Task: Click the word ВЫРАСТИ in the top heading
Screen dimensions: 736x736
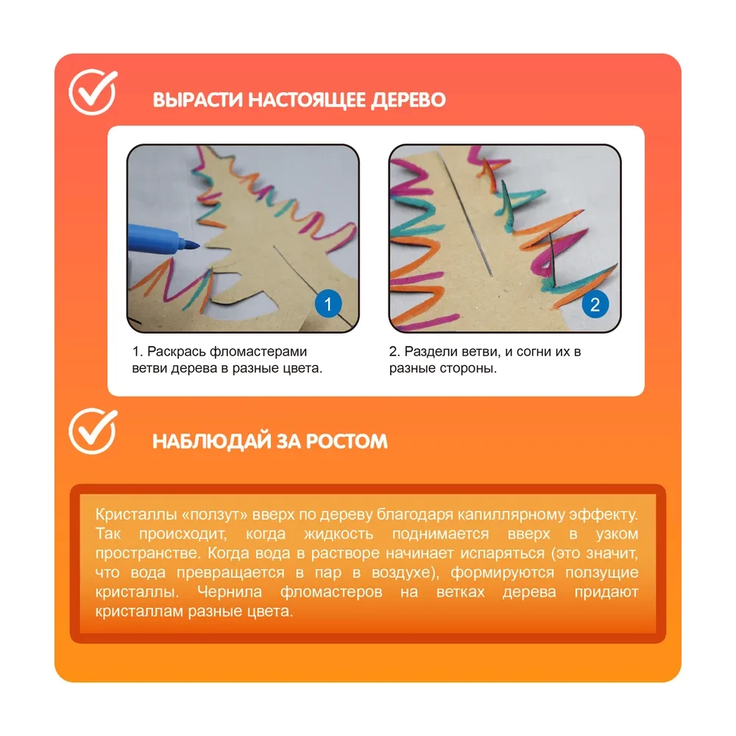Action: pyautogui.click(x=197, y=100)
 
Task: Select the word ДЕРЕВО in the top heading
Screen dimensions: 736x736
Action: pyautogui.click(x=408, y=100)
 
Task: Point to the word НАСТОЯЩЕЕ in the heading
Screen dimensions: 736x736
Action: pyautogui.click(x=307, y=100)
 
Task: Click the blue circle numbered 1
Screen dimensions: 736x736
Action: pyautogui.click(x=328, y=304)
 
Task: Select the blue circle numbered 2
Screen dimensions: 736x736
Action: pyautogui.click(x=595, y=305)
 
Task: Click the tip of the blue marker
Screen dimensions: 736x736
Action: pyautogui.click(x=199, y=244)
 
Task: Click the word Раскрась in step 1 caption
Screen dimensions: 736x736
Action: pyautogui.click(x=177, y=352)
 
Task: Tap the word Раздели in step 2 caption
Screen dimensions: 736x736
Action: pyautogui.click(x=431, y=352)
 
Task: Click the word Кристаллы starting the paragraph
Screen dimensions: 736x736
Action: pyautogui.click(x=136, y=514)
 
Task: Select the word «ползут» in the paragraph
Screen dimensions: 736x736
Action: pyautogui.click(x=214, y=515)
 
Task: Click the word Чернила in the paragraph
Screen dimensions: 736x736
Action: pyautogui.click(x=229, y=592)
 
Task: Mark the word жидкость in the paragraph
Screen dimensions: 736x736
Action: pyautogui.click(x=339, y=534)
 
